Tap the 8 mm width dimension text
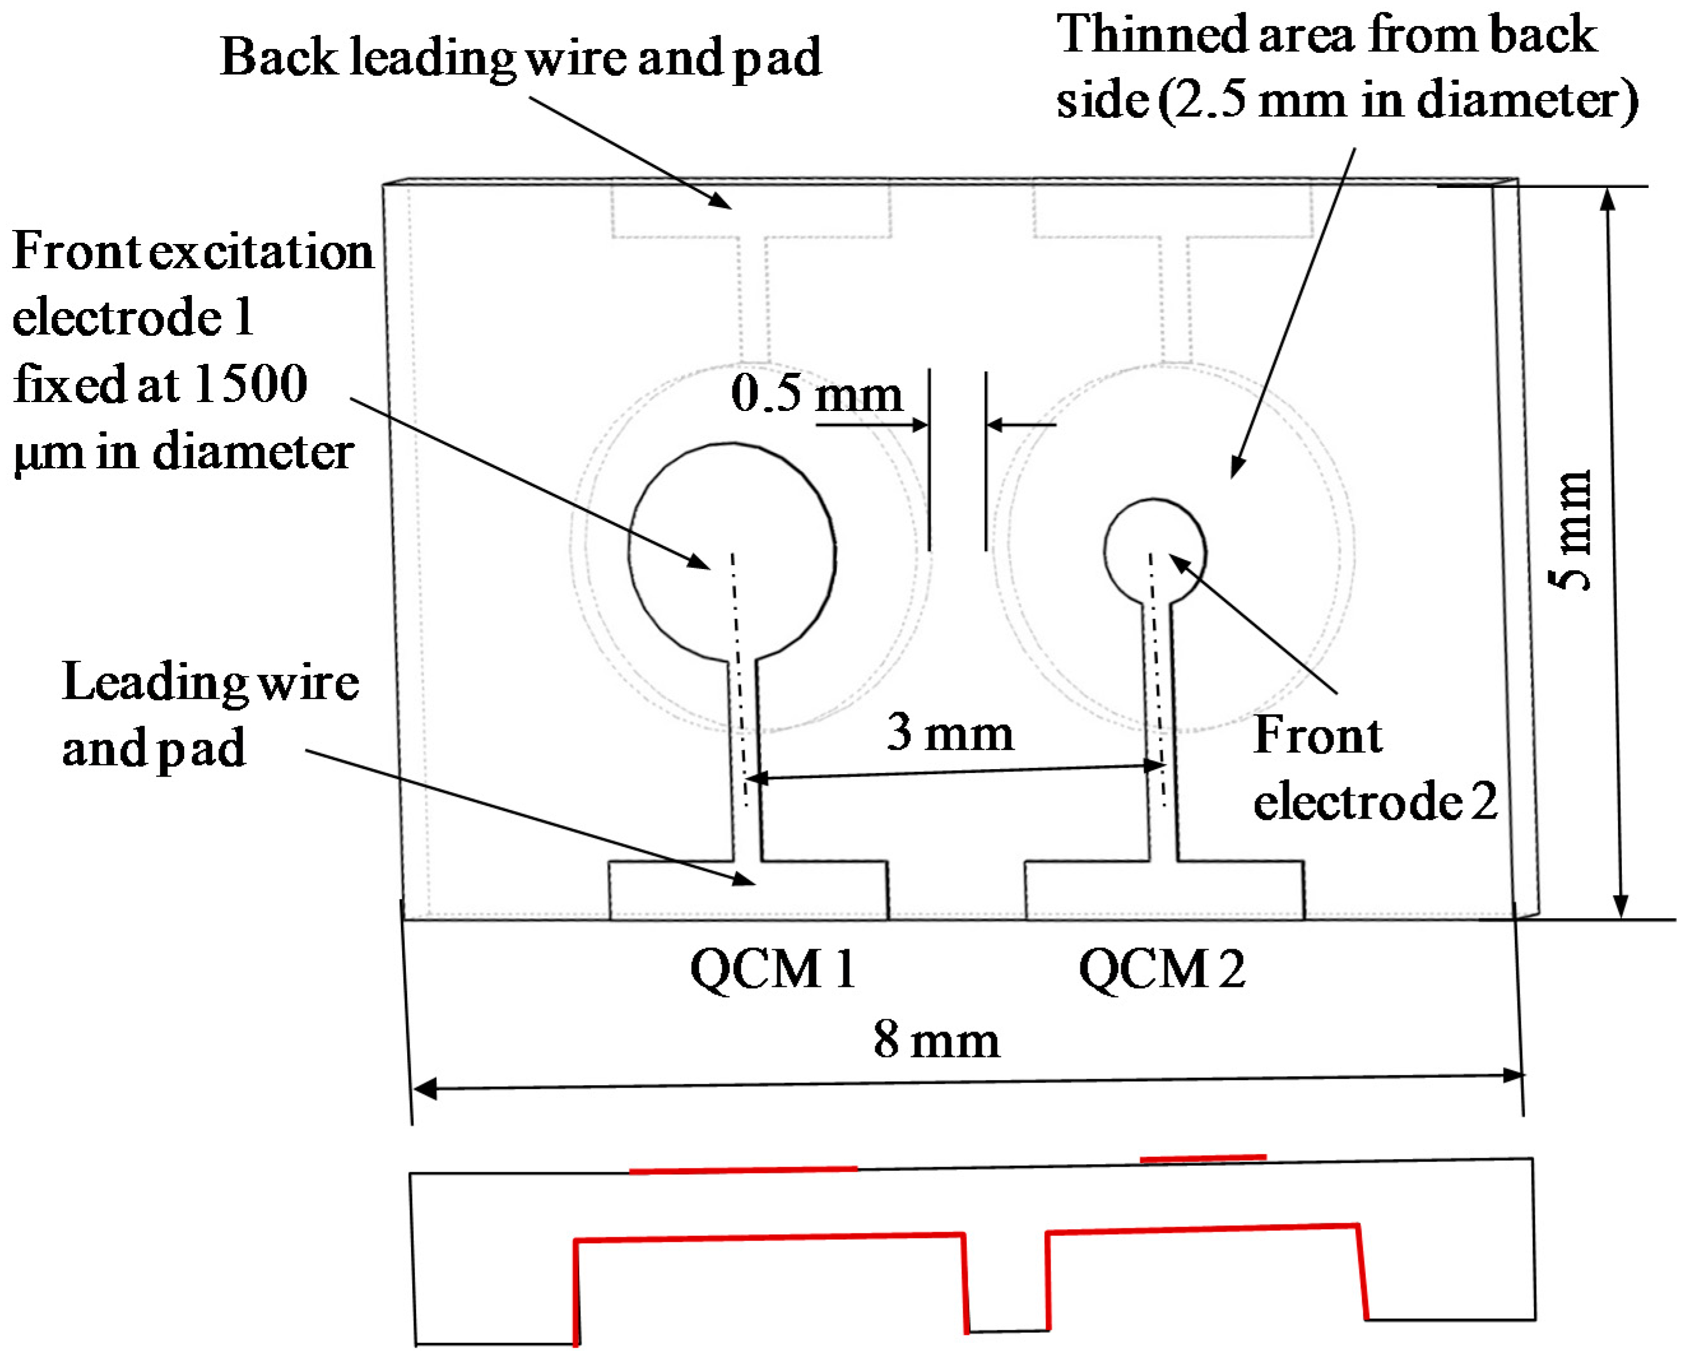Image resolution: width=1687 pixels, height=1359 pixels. point(937,1040)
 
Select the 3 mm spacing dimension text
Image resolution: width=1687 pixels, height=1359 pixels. point(949,733)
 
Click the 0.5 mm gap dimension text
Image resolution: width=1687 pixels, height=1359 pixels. point(817,393)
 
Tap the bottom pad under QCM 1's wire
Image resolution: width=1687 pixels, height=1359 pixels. point(749,890)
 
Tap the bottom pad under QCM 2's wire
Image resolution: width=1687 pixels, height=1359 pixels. point(1164,890)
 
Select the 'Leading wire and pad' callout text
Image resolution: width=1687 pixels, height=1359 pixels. point(210,714)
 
